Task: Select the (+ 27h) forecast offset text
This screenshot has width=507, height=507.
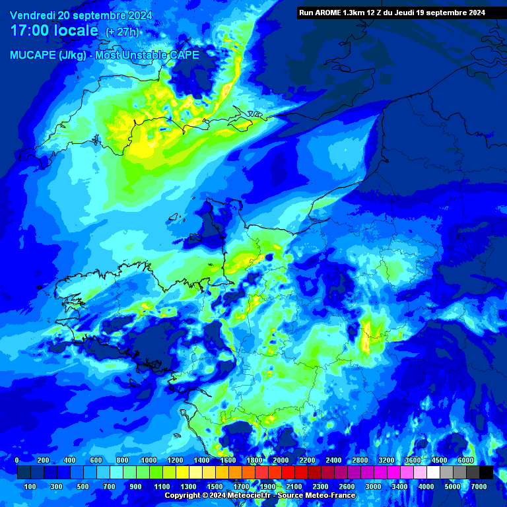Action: [122, 32]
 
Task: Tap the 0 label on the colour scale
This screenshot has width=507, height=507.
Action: [17, 460]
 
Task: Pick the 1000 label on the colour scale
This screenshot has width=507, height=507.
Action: [149, 460]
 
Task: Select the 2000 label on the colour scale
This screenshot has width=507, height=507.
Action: [281, 460]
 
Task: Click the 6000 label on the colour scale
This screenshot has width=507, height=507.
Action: [465, 460]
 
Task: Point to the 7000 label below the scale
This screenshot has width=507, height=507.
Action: [479, 487]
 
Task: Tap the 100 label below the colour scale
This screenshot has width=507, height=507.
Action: [30, 487]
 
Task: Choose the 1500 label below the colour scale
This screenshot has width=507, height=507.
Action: [215, 487]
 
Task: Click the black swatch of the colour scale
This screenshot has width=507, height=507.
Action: [486, 473]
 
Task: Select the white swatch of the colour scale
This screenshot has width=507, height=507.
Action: [433, 473]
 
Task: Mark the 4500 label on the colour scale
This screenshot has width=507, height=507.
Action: [439, 460]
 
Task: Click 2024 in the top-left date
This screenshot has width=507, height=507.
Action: [139, 15]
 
